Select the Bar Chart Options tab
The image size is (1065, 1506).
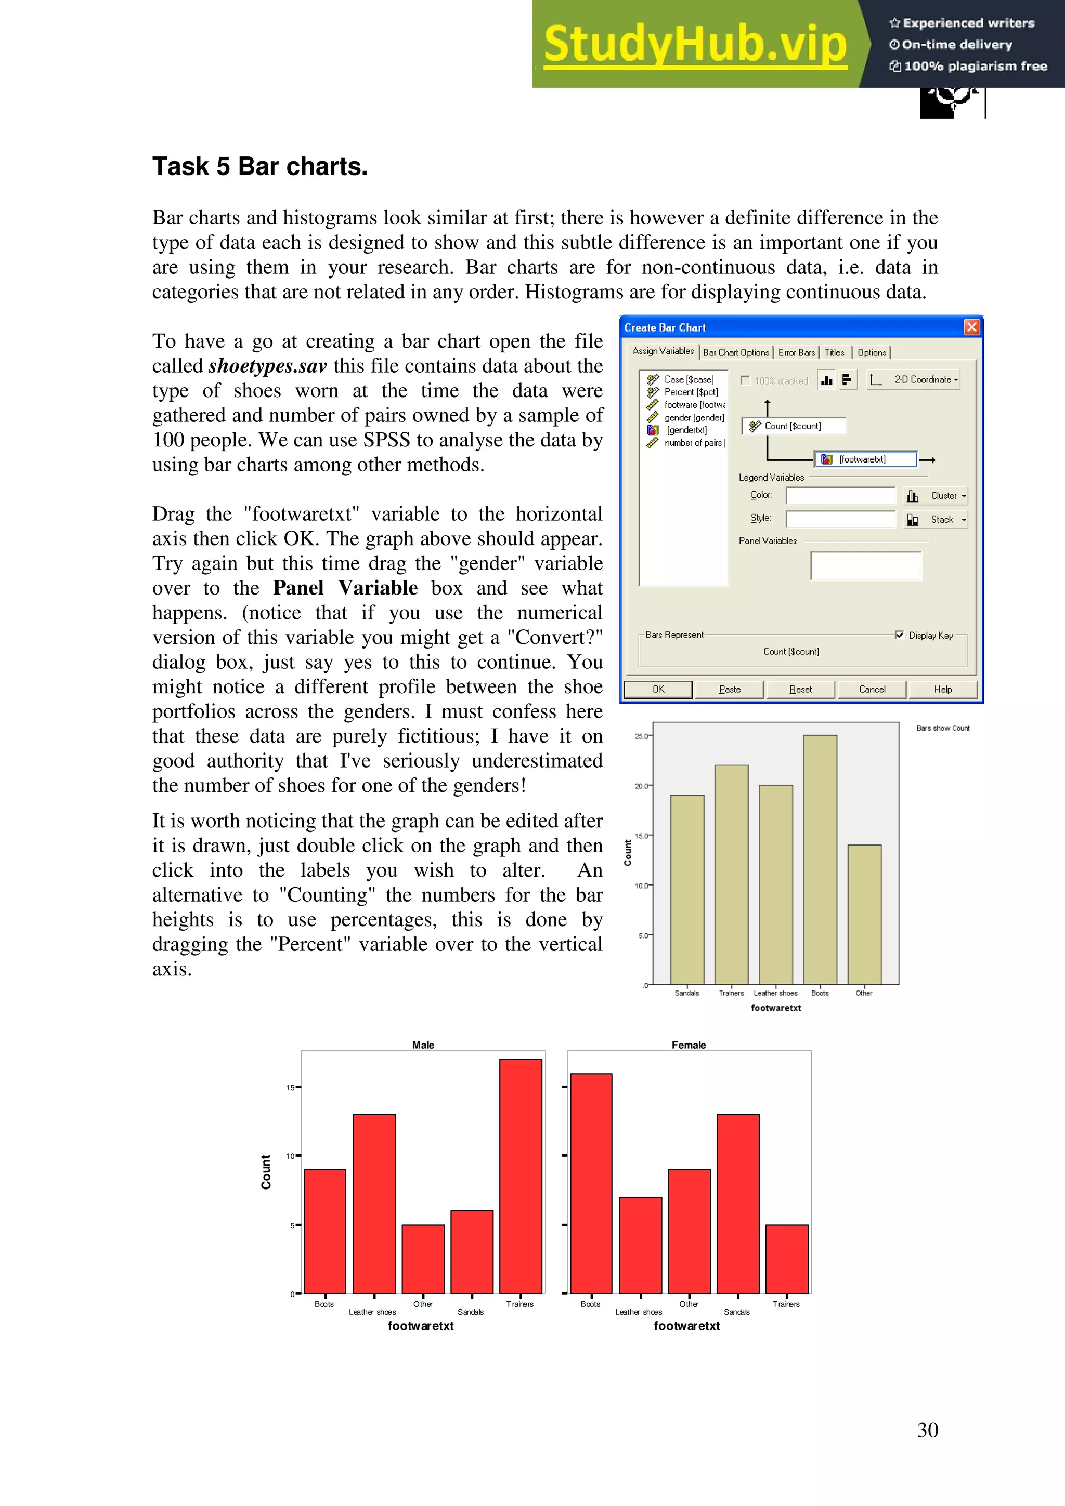click(736, 352)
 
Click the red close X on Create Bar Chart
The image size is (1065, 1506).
click(971, 327)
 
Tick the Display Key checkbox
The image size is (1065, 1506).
click(899, 635)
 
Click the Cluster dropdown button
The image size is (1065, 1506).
click(936, 496)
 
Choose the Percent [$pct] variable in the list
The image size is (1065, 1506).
click(690, 392)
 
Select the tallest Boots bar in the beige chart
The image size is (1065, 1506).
click(820, 859)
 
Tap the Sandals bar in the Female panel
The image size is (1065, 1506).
click(737, 1203)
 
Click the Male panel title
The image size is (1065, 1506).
click(423, 1045)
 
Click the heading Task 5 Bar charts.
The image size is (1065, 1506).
click(260, 167)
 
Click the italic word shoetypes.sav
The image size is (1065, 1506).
click(268, 366)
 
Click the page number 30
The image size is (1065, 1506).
click(927, 1430)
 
